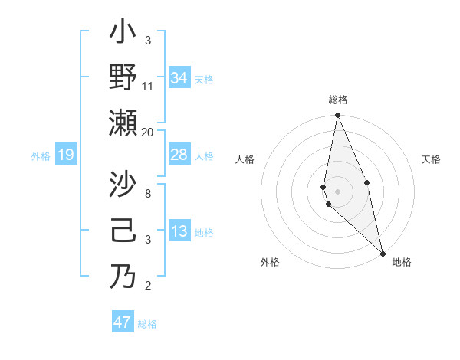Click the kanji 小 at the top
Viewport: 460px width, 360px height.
pyautogui.click(x=123, y=34)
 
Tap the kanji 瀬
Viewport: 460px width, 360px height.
pyautogui.click(x=123, y=123)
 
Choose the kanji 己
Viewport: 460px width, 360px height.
pyautogui.click(x=123, y=231)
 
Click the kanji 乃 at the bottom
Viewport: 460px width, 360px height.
pyautogui.click(x=123, y=276)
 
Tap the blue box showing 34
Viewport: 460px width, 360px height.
pyautogui.click(x=179, y=77)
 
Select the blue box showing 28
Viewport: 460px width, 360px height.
pyautogui.click(x=179, y=155)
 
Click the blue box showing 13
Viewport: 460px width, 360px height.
pyautogui.click(x=179, y=231)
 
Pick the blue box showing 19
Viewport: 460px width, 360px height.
pyautogui.click(x=65, y=155)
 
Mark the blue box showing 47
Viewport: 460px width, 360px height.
pyautogui.click(x=123, y=322)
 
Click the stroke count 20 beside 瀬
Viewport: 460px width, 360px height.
pyautogui.click(x=148, y=133)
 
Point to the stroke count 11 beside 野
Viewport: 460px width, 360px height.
pyautogui.click(x=148, y=86)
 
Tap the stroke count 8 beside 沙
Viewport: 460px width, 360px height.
pyautogui.click(x=148, y=194)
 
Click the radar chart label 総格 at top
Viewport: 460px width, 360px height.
pyautogui.click(x=338, y=100)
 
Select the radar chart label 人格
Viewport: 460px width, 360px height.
pyautogui.click(x=245, y=159)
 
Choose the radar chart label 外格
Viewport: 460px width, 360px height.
pyautogui.click(x=269, y=262)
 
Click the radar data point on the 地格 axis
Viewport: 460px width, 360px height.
pyautogui.click(x=383, y=253)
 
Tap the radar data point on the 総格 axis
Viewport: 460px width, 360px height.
pyautogui.click(x=337, y=116)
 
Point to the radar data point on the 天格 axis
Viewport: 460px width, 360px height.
pyautogui.click(x=367, y=182)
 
